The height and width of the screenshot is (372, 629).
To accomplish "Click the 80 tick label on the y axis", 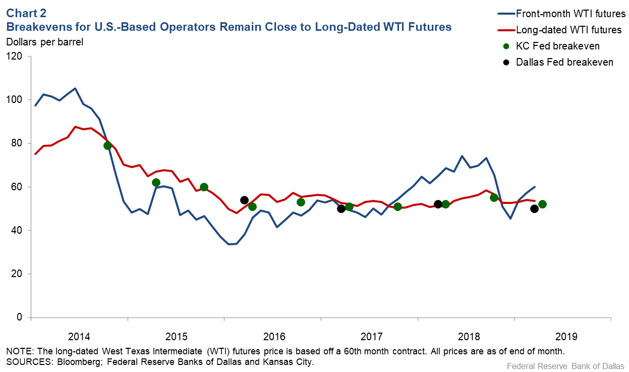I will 18,143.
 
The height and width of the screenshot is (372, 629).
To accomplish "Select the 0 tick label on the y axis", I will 20,317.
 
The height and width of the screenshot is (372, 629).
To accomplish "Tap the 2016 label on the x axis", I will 273,336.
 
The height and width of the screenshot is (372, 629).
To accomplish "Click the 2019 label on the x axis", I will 563,336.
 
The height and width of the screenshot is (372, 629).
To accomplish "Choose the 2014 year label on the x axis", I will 79,336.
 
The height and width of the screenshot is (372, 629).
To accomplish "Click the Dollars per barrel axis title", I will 44,42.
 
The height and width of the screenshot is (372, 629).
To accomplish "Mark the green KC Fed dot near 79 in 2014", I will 107,146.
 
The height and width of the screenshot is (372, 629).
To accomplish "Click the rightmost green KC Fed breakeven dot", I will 542,204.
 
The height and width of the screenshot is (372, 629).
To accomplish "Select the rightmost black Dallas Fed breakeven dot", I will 534,209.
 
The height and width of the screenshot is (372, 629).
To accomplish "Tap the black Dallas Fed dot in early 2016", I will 244,200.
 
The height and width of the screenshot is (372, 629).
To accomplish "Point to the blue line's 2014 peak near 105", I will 75,88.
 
